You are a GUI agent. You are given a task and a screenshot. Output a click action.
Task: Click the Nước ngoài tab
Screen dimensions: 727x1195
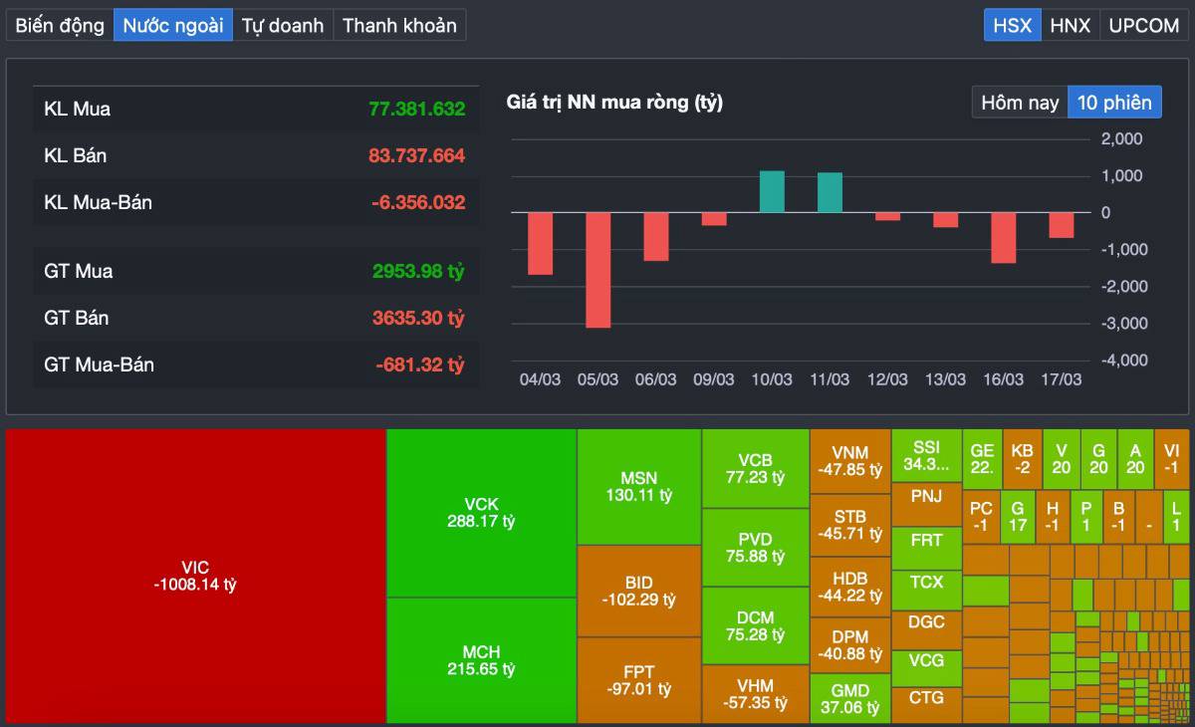pos(172,25)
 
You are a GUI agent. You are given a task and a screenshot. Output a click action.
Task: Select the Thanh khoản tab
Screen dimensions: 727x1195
pos(399,25)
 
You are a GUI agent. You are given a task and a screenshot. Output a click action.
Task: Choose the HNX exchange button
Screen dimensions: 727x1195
pos(1070,25)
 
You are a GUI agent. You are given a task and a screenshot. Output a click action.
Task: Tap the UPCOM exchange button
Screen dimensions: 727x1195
pos(1143,25)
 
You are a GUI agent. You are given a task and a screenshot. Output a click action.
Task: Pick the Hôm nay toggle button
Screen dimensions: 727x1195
pos(1020,103)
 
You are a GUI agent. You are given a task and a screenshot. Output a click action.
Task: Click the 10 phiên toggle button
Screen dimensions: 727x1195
pos(1114,103)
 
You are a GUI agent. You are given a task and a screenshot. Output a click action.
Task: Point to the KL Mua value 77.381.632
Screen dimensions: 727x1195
pos(416,109)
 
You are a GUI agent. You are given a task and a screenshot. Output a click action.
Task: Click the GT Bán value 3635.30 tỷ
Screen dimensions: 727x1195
pos(418,318)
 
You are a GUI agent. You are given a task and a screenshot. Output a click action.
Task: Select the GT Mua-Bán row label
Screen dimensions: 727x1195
pos(99,364)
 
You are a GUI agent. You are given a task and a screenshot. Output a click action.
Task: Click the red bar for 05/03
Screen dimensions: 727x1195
pos(597,270)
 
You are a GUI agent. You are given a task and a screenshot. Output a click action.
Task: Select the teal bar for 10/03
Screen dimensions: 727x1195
pos(772,192)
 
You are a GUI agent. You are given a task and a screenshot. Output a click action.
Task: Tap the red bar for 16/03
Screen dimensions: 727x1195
pos(1003,238)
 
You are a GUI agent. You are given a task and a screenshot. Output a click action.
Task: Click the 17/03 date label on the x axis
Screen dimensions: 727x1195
pos(1061,379)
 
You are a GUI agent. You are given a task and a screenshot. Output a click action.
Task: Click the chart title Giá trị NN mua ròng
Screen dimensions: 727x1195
pos(614,102)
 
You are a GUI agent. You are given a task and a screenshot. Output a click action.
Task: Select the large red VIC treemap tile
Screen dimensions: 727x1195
pos(195,576)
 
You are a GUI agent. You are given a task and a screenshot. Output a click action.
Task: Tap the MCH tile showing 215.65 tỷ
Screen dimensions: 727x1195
pos(481,660)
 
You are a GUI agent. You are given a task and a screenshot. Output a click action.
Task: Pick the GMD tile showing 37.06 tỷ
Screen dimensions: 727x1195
pos(849,698)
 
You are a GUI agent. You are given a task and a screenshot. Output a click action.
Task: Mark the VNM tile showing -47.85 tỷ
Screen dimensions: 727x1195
pos(849,461)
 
